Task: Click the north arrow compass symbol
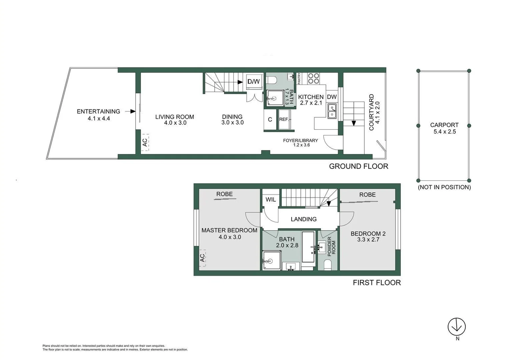456,326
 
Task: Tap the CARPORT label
444,125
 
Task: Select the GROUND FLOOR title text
358,166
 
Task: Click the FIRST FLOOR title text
377,283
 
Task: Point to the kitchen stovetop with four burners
313,78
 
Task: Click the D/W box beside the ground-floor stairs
254,82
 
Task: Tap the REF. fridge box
284,119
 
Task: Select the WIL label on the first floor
270,200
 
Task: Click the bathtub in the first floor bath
308,247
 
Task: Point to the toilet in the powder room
328,265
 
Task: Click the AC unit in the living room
145,142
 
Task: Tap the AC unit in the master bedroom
202,258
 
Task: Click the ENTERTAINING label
98,112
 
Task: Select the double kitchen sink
332,111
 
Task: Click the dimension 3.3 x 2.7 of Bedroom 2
368,240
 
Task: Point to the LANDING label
303,219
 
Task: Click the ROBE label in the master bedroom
224,194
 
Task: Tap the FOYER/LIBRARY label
300,140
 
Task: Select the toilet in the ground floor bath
272,80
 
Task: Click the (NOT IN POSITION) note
444,187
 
